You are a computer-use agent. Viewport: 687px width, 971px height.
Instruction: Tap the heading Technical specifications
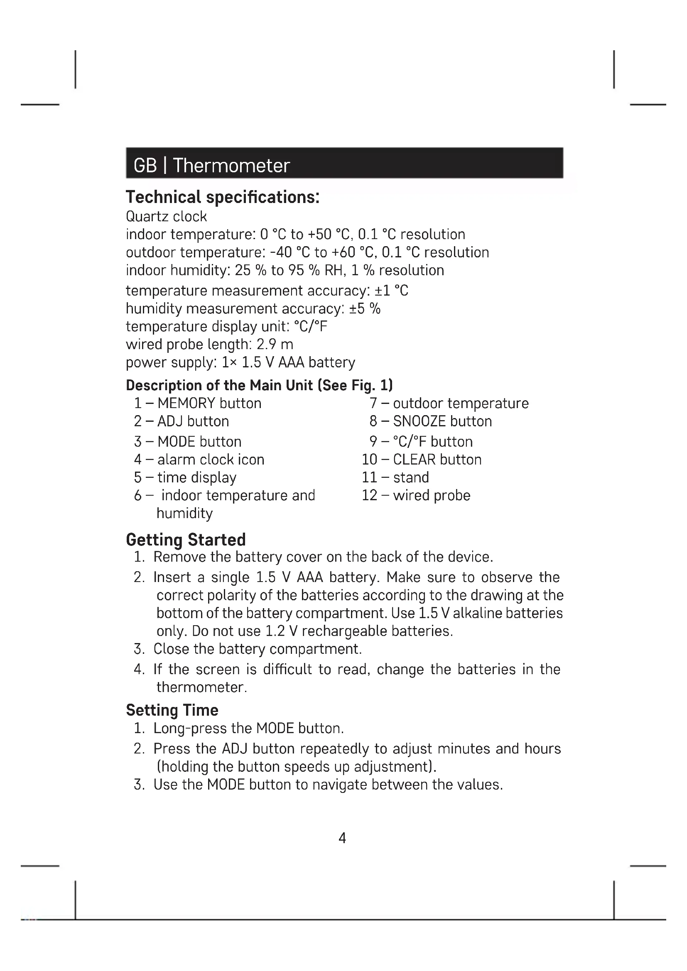point(223,197)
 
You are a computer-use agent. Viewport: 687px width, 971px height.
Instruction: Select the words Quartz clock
point(166,217)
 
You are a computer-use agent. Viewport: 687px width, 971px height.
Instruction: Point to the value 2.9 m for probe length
point(275,344)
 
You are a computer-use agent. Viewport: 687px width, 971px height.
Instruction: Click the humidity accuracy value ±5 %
point(365,309)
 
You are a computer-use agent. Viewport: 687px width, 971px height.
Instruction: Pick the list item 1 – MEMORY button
point(198,403)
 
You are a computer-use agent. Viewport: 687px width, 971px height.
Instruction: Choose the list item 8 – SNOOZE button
point(430,421)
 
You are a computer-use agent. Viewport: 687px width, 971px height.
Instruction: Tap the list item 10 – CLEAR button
point(421,459)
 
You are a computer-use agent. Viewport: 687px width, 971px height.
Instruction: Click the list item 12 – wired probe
point(416,495)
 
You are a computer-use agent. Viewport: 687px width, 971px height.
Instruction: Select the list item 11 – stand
point(395,477)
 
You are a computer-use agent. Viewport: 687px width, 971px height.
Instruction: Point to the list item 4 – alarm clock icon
point(199,459)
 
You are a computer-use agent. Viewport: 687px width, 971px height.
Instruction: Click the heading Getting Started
point(186,540)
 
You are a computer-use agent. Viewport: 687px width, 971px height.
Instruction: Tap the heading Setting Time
point(172,710)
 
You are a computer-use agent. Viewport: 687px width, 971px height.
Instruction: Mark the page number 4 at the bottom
point(342,838)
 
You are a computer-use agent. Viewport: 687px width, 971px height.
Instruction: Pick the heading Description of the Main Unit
point(259,385)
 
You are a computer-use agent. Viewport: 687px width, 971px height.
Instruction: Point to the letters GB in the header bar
point(145,165)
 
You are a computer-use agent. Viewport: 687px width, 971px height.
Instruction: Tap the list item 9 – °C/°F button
point(421,442)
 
